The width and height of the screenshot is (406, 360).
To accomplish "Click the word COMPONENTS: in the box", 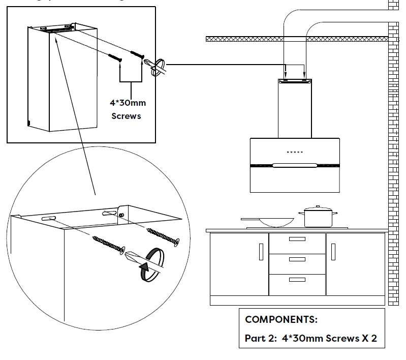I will (x=281, y=320).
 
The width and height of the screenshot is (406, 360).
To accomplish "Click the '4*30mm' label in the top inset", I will (x=129, y=103).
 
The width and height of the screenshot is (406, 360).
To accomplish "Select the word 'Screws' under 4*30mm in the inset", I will (x=126, y=116).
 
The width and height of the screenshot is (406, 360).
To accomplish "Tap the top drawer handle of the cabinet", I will (x=297, y=239).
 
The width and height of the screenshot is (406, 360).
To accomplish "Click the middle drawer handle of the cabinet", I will (x=297, y=259).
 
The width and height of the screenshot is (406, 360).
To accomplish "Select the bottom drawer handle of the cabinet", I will (x=297, y=280).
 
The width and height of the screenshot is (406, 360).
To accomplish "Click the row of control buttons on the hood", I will (x=295, y=152).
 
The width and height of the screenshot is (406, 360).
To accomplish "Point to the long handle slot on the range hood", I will (x=295, y=165).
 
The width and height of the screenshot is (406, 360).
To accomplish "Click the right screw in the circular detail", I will (x=163, y=236).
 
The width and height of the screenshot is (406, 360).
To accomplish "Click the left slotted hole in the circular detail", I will (x=47, y=218).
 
